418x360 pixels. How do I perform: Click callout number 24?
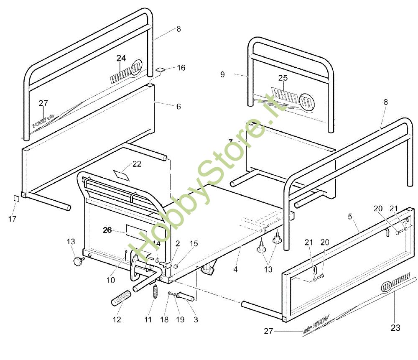tap(121, 58)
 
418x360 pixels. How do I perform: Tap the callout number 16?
tap(181, 68)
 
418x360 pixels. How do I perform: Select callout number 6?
tap(178, 107)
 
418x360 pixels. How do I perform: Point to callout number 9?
tap(222, 74)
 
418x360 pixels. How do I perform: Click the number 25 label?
tap(283, 77)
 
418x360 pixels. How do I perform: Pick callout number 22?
tap(137, 164)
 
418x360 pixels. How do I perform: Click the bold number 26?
tap(107, 230)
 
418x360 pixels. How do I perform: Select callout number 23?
tap(395, 328)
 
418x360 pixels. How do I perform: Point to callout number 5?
tap(349, 217)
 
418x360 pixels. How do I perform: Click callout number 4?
tap(235, 270)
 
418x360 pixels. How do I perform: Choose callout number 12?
tap(117, 320)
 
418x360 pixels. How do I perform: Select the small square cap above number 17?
tap(16, 198)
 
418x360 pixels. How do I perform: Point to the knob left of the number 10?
tap(77, 262)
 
